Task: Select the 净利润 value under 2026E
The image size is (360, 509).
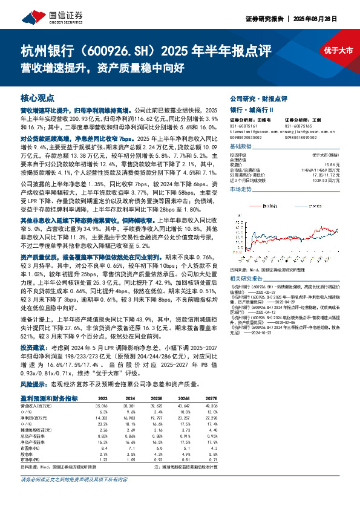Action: (183, 418)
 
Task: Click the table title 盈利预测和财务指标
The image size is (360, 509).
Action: (49, 399)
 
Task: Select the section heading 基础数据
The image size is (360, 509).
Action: (241, 147)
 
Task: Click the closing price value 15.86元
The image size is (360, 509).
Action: (332, 164)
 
